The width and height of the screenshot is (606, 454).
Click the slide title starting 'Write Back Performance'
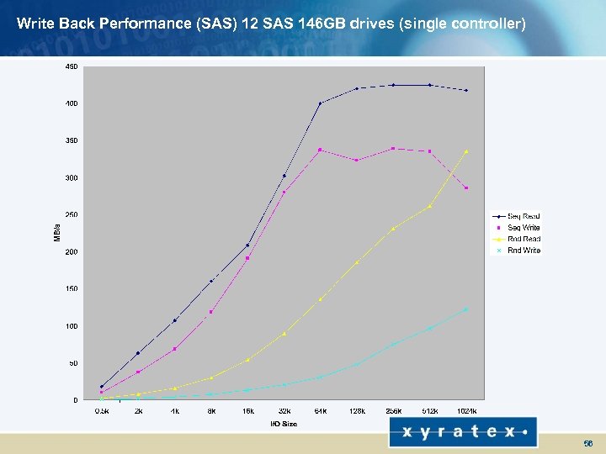click(x=271, y=24)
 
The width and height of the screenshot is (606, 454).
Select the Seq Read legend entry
click(x=523, y=216)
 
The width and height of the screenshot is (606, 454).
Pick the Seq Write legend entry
click(x=524, y=228)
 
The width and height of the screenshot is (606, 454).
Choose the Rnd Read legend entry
click(x=524, y=239)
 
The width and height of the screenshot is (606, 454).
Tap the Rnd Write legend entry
click(x=524, y=251)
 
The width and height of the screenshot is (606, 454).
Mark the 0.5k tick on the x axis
click(x=101, y=411)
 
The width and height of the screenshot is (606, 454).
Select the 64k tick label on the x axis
click(x=320, y=411)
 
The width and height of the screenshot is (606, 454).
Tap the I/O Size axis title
click(x=284, y=424)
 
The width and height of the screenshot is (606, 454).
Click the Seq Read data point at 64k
click(x=320, y=103)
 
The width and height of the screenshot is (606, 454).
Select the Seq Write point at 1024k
click(x=466, y=187)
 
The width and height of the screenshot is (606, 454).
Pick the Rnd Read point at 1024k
click(x=466, y=151)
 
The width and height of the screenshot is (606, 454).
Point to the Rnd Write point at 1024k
click(x=466, y=309)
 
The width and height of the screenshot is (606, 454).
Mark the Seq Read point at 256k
click(x=393, y=85)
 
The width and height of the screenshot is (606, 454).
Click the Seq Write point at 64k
click(x=320, y=150)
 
